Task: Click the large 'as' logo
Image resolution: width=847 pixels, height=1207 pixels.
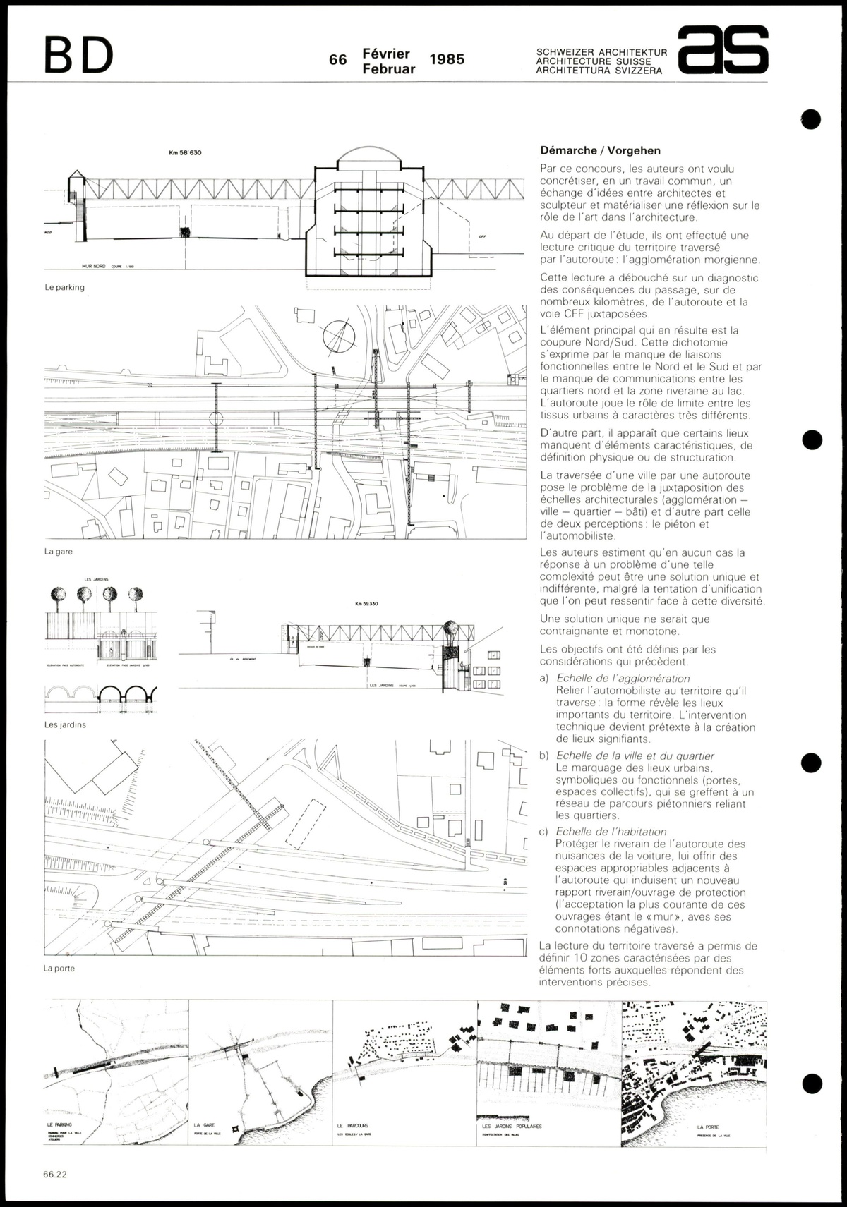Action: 722,50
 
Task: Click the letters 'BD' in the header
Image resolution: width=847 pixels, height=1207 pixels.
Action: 79,55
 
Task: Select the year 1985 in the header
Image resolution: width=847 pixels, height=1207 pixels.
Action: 447,59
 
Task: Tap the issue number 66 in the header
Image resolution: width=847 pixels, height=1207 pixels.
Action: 338,60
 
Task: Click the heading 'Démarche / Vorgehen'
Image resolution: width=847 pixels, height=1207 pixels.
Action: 600,150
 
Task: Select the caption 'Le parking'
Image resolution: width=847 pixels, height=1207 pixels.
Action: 64,287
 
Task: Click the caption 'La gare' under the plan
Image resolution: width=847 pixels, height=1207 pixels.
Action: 59,552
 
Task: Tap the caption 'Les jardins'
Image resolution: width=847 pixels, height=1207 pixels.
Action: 65,724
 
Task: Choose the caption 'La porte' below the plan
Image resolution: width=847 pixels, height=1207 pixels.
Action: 59,969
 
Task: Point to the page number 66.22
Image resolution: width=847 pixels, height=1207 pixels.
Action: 55,1175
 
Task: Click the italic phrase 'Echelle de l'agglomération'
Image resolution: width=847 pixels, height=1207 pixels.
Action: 623,679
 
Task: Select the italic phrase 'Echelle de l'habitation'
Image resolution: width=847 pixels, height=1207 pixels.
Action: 611,832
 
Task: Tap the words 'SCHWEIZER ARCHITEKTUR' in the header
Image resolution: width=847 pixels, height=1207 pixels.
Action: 601,52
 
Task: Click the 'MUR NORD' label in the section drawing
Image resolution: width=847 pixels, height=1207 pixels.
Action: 91,267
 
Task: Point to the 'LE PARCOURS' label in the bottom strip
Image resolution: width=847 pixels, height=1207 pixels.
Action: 353,1125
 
